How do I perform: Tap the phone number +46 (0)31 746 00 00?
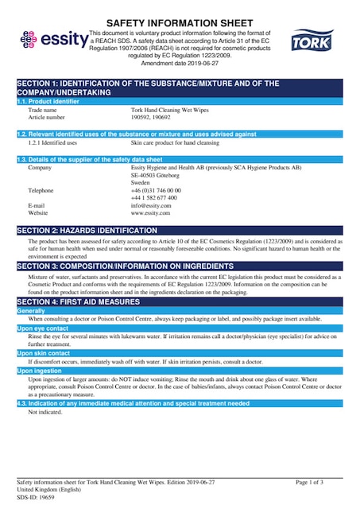[x=156, y=191]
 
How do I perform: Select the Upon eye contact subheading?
[x=43, y=328]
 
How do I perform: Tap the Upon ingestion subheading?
[x=40, y=371]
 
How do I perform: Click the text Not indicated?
[x=45, y=413]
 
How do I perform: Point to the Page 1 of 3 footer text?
[x=309, y=483]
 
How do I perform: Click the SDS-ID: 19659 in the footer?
[x=35, y=497]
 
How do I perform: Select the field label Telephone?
[x=42, y=191]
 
